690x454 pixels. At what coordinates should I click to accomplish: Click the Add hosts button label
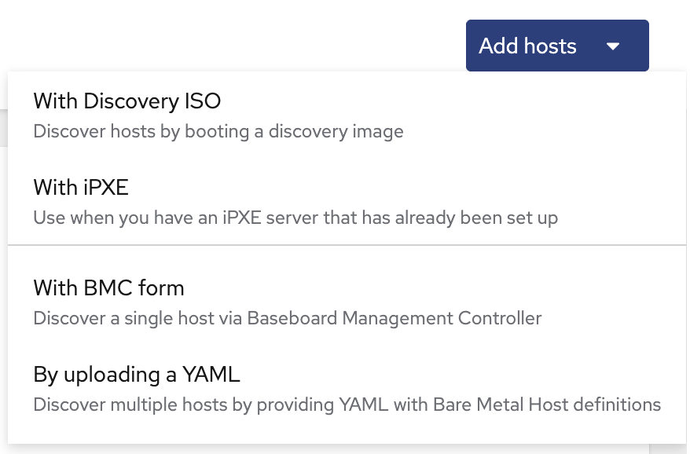pyautogui.click(x=527, y=46)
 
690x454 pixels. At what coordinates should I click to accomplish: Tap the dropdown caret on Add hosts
pyautogui.click(x=613, y=46)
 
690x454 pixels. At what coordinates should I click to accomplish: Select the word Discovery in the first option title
pyautogui.click(x=130, y=101)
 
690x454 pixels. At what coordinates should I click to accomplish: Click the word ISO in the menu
pyautogui.click(x=203, y=101)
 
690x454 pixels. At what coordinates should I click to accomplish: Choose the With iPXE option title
pyautogui.click(x=81, y=188)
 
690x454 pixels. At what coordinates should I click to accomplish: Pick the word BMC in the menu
pyautogui.click(x=108, y=288)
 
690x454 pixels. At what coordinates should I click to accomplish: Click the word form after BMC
pyautogui.click(x=161, y=287)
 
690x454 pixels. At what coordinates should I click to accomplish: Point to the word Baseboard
pyautogui.click(x=292, y=318)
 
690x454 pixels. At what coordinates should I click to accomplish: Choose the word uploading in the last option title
pyautogui.click(x=112, y=375)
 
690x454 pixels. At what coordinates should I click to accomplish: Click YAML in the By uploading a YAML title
pyautogui.click(x=211, y=375)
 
